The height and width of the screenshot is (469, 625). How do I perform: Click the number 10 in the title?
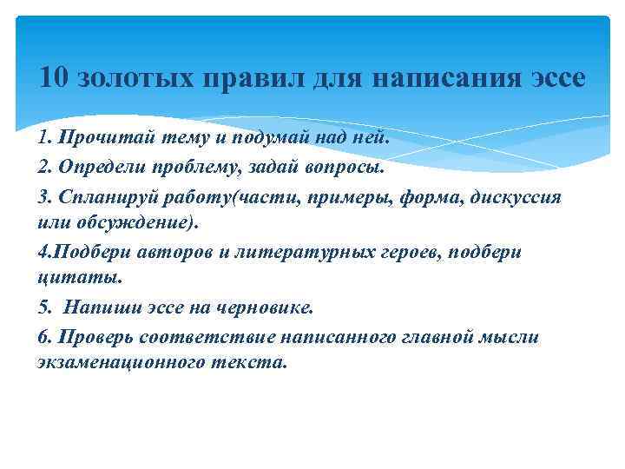54,80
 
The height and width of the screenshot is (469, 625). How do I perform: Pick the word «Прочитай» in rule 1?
93,141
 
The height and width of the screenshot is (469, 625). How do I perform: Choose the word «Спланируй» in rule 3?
99,196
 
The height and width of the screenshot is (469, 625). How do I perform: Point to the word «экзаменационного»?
119,363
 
